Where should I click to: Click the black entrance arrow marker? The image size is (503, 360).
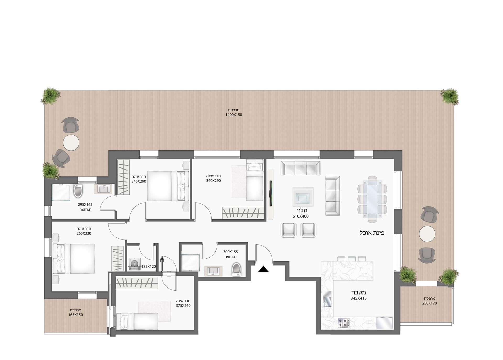[x=263, y=269]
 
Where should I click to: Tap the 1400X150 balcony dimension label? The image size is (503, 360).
[x=234, y=115]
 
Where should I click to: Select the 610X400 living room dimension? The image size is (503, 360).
[x=300, y=216]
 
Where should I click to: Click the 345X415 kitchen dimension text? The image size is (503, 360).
[x=358, y=298]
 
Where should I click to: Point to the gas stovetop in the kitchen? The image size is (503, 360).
[x=343, y=323]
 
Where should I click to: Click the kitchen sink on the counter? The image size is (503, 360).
[x=327, y=298]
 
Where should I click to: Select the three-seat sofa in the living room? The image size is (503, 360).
[x=300, y=168]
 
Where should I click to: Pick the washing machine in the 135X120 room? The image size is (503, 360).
[x=135, y=264]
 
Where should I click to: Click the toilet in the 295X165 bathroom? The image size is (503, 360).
[x=78, y=191]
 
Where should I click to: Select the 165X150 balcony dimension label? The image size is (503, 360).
[x=75, y=315]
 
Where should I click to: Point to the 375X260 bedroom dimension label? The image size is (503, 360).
[x=183, y=306]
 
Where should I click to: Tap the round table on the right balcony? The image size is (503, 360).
[x=427, y=234]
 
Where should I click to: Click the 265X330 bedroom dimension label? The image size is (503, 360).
[x=84, y=233]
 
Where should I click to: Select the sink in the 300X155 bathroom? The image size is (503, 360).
[x=213, y=270]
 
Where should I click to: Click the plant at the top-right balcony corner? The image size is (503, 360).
[x=450, y=96]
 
